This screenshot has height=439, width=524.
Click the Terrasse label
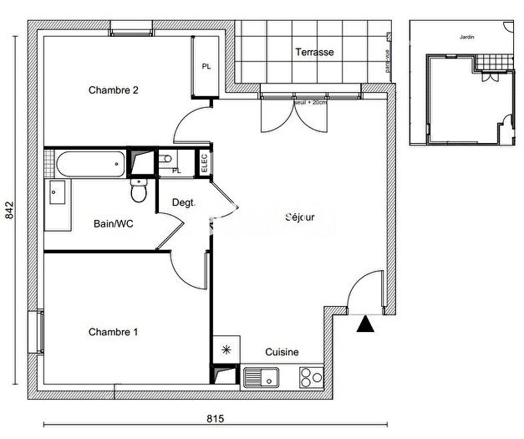(314, 52)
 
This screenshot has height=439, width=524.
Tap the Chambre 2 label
(114, 90)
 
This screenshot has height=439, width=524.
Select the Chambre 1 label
(113, 332)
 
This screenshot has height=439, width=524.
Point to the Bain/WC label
(113, 224)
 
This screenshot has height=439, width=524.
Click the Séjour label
(299, 218)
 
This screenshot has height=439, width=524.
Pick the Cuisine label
(282, 353)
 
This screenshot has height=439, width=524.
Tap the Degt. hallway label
(183, 202)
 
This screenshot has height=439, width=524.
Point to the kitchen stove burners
(310, 376)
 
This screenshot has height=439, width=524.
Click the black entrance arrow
(364, 324)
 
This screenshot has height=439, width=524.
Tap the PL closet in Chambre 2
(205, 67)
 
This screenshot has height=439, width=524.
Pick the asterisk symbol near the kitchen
(224, 351)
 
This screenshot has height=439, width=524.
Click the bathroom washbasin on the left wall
(57, 193)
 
